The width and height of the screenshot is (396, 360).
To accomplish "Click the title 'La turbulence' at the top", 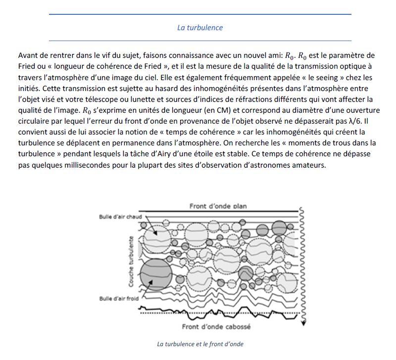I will coord(200,28).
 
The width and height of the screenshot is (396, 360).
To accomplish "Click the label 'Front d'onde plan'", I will coord(218,206).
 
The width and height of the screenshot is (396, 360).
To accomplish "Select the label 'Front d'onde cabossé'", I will coord(216,326).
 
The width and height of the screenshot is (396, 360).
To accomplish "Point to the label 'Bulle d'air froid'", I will coord(118,298).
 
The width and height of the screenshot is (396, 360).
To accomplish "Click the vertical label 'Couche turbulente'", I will coord(131,260).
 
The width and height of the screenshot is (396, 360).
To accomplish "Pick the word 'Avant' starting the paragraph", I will coord(27,54).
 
